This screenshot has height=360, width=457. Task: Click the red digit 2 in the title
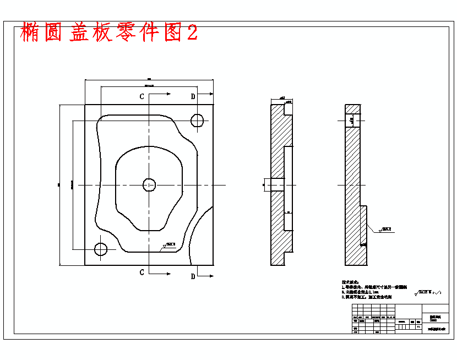pyautogui.click(x=192, y=32)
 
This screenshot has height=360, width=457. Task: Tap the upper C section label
pyautogui.click(x=142, y=96)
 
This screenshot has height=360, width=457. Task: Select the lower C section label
pyautogui.click(x=142, y=272)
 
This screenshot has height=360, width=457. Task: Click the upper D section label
pyautogui.click(x=193, y=97)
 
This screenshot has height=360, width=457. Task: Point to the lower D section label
pyautogui.click(x=193, y=276)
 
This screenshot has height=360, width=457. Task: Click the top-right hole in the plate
pyautogui.click(x=197, y=120)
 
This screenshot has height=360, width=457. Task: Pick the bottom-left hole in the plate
pyautogui.click(x=101, y=249)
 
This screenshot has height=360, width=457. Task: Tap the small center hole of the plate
pyautogui.click(x=149, y=185)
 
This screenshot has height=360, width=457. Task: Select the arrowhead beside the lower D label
pyautogui.click(x=210, y=274)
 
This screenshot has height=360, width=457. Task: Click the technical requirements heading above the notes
pyautogui.click(x=352, y=282)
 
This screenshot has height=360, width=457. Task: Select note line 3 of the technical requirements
pyautogui.click(x=368, y=297)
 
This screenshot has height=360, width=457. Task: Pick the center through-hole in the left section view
pyautogui.click(x=276, y=184)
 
